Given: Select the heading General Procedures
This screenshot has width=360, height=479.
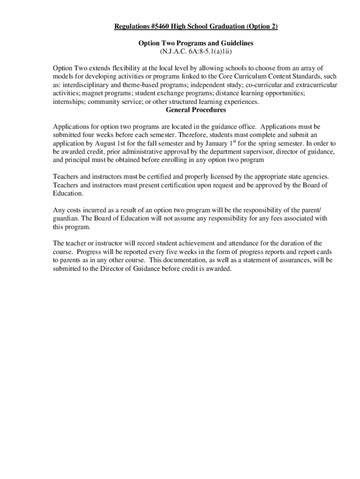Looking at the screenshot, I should click(x=196, y=110).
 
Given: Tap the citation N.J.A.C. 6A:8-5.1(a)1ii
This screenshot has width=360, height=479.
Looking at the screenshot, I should click(x=196, y=51).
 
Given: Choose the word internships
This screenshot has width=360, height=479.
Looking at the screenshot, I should click(x=69, y=102).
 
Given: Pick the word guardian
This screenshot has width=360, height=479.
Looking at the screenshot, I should click(x=66, y=218).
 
